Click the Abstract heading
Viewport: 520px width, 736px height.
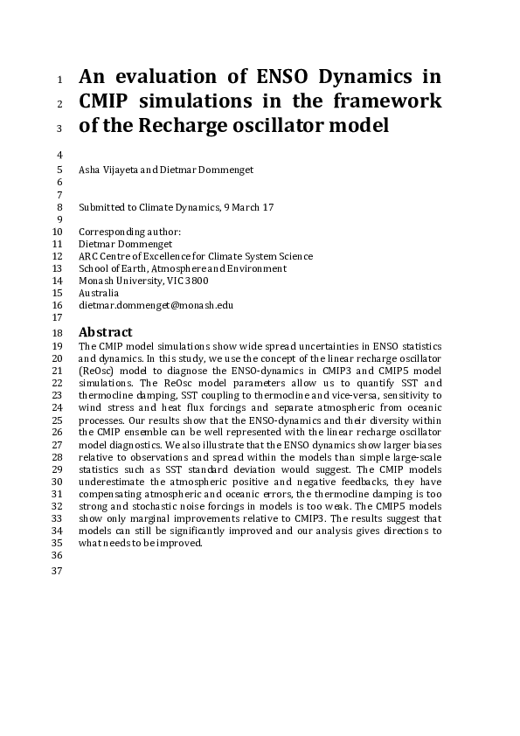pyautogui.click(x=105, y=332)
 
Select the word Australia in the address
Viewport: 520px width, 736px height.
pyautogui.click(x=99, y=294)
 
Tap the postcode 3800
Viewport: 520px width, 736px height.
pyautogui.click(x=196, y=281)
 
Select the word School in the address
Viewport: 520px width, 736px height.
pyautogui.click(x=93, y=268)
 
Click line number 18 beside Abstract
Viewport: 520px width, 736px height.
pyautogui.click(x=59, y=333)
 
